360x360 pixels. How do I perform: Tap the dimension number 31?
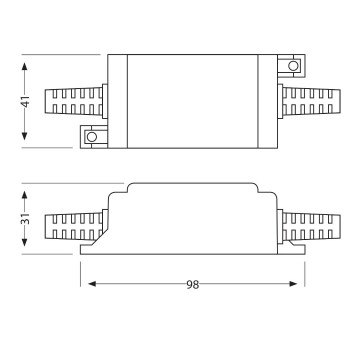click(x=27, y=218)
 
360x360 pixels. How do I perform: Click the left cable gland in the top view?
click(x=72, y=101)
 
